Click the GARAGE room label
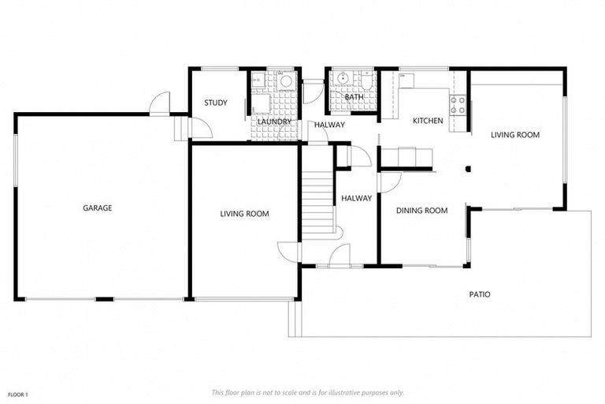coord(98,208)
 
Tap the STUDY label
coord(216,103)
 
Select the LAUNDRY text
coord(274,122)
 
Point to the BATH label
coord(354,119)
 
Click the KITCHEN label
coord(428,121)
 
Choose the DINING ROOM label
coord(421,211)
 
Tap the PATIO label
coord(480,294)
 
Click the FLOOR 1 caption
coord(18,394)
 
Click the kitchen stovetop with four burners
coord(458,104)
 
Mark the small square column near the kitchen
coord(468,168)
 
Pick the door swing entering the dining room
coord(389,181)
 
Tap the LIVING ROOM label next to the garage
coord(244,214)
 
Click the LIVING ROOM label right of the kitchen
coord(515,135)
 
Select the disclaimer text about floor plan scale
coord(308,392)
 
